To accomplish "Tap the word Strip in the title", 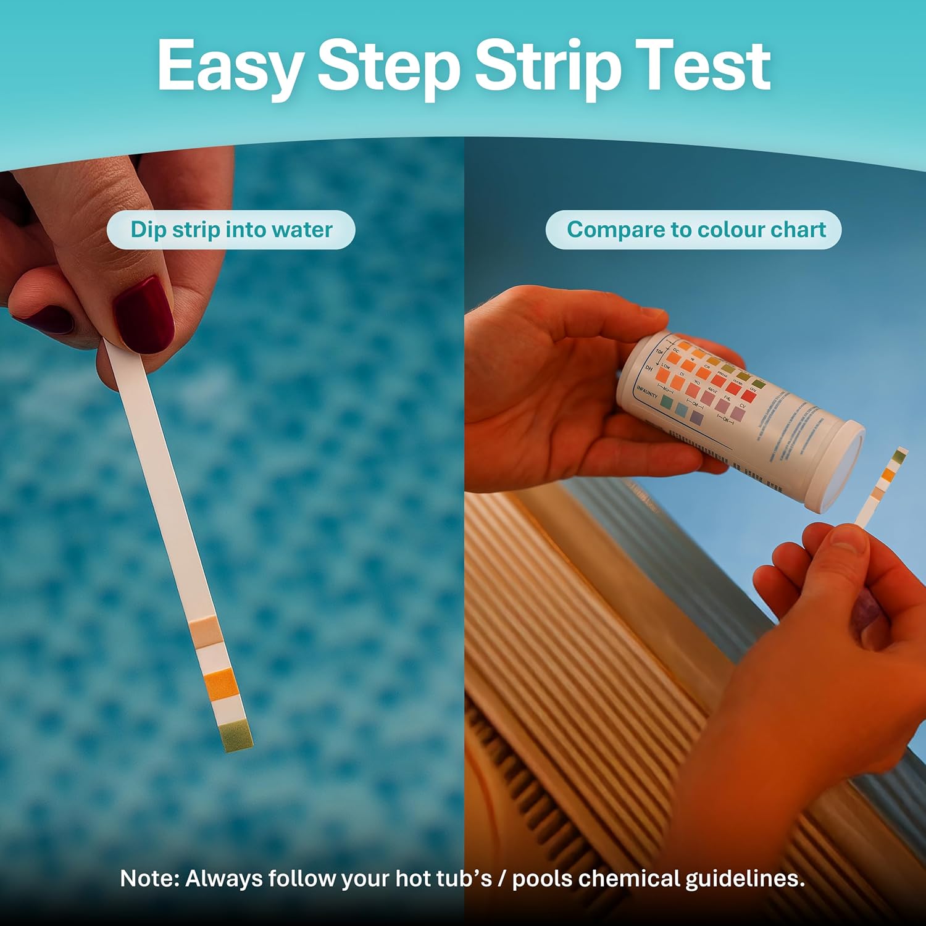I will pos(548,67).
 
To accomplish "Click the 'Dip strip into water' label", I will pos(231,230).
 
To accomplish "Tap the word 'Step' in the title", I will pos(388,67).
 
